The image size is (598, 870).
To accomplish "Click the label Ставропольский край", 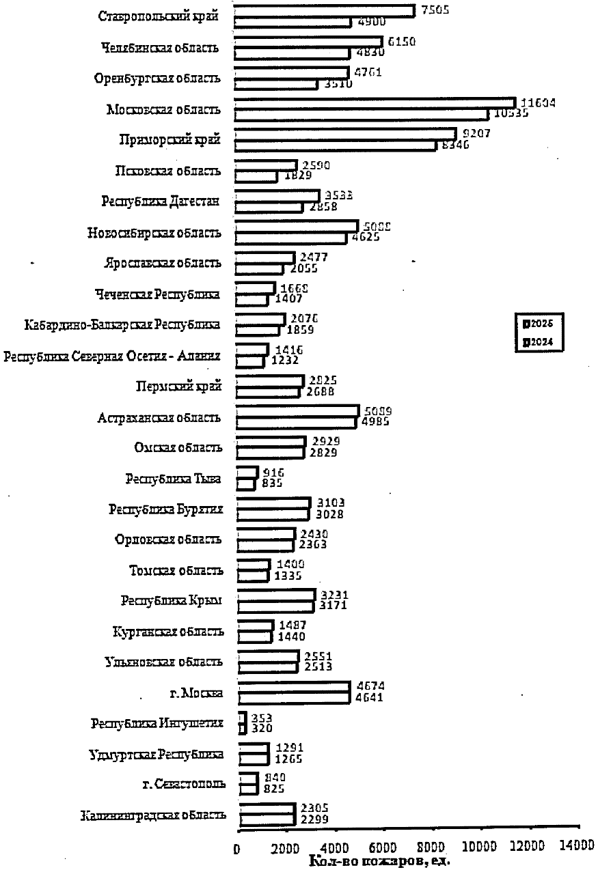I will (158, 16).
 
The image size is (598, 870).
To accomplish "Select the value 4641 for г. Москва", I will (369, 698).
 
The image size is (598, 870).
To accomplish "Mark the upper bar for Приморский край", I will (345, 134).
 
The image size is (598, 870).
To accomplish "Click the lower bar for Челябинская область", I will (292, 53).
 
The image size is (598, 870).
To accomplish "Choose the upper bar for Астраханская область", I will (297, 410).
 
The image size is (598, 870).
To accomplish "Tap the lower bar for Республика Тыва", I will (245, 484).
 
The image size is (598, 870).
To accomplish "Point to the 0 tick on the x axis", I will (237, 847).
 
